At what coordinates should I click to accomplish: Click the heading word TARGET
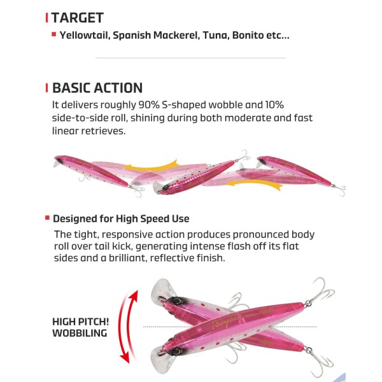[78, 18]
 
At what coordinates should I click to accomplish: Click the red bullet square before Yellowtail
[54, 34]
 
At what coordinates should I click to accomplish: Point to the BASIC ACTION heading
[97, 88]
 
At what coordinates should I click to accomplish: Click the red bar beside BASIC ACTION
[46, 88]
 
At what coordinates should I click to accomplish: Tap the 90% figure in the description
[149, 105]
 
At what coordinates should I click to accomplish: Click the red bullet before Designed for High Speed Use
[47, 218]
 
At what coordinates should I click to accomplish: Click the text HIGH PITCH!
[81, 322]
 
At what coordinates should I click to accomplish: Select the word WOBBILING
[80, 333]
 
